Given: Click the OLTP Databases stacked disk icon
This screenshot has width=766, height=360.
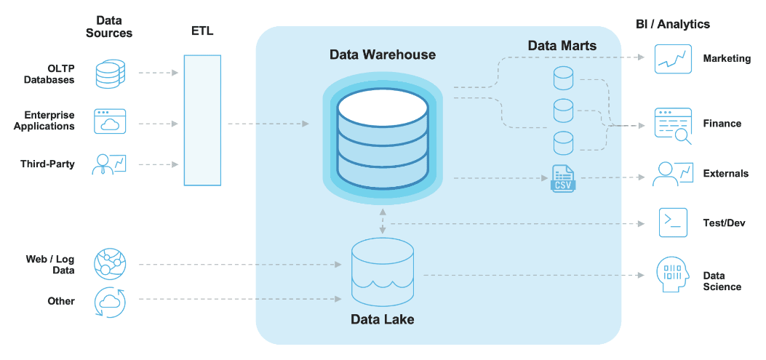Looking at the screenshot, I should coord(110,74).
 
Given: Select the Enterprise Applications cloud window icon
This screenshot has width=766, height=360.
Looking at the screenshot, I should coord(110,121).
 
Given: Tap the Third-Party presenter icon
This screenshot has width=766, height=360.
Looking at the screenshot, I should coord(109,164).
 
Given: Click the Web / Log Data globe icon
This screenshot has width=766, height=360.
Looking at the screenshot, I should coord(110,264).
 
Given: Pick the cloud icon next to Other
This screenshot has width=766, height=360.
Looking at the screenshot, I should coord(110,301).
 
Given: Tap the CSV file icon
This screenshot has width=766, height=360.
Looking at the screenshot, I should coord(563,178).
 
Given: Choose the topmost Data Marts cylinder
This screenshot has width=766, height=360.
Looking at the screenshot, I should coord(563,77).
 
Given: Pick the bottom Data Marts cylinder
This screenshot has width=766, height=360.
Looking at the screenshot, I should coord(563,142).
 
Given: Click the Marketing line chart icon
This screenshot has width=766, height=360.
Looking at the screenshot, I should coord(672,59).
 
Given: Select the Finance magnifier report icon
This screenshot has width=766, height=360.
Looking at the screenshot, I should coord(673,124).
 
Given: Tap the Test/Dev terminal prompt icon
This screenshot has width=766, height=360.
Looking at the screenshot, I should coord(673,223).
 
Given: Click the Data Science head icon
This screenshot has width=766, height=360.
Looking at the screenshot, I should coord(672,276).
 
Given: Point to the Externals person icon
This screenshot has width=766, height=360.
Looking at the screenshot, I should coord(672,174).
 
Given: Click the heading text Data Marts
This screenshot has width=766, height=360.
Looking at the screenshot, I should coord(562,46).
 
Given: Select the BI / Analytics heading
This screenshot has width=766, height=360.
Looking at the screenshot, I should coord(672,24).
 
